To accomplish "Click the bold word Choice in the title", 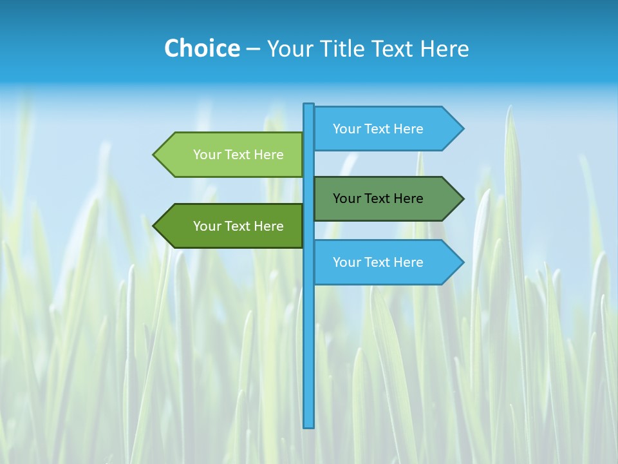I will pyautogui.click(x=201, y=48).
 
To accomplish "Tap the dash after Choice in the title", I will pyautogui.click(x=253, y=49).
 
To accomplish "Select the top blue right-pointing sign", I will pyautogui.click(x=380, y=129).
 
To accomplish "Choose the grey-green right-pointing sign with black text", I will pyautogui.click(x=380, y=198).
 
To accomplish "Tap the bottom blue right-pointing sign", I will pyautogui.click(x=380, y=262).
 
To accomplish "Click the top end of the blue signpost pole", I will pyautogui.click(x=309, y=106).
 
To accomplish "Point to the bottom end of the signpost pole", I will pyautogui.click(x=309, y=425).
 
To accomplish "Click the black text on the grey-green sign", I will pyautogui.click(x=378, y=198).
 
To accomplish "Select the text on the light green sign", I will pyautogui.click(x=238, y=155).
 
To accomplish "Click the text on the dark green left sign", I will pyautogui.click(x=238, y=226).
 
